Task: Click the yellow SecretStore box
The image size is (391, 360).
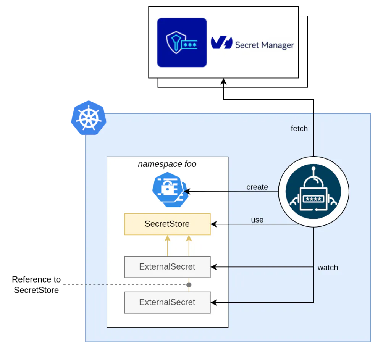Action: click(167, 224)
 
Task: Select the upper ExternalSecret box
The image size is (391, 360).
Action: click(167, 267)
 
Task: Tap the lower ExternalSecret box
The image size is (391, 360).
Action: click(167, 302)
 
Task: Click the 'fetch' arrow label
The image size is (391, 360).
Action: click(299, 128)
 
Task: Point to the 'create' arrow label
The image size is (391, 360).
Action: click(257, 187)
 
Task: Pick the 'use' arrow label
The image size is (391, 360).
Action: click(257, 220)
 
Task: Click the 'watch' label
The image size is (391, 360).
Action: click(328, 268)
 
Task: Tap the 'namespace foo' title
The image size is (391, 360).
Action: click(167, 164)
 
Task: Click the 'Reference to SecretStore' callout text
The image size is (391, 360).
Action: click(36, 285)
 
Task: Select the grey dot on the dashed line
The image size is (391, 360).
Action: click(189, 285)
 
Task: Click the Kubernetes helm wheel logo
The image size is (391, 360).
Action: click(89, 118)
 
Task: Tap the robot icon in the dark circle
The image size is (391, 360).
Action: click(313, 192)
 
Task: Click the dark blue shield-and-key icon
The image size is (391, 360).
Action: click(182, 42)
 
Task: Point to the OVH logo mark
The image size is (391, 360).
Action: click(221, 43)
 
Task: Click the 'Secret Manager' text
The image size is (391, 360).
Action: click(265, 45)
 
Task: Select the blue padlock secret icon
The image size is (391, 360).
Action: click(170, 189)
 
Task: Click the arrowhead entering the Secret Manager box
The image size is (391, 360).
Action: click(223, 81)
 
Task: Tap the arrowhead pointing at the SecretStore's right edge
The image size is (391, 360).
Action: click(214, 224)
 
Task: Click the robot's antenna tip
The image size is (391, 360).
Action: click(313, 168)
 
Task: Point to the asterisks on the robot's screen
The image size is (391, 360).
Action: click(313, 199)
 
